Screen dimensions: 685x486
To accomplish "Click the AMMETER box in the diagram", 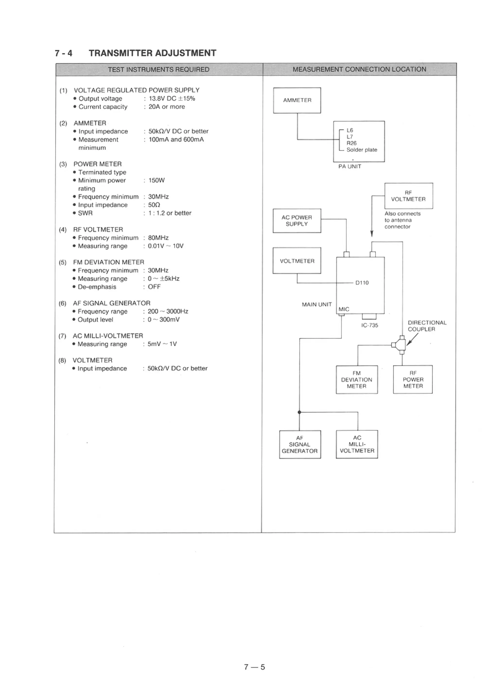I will tap(297, 100).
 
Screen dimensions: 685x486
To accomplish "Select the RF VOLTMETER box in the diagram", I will tap(408, 196).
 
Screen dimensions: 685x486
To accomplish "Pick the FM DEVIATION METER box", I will tap(357, 379).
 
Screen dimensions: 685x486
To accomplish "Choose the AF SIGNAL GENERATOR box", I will tap(300, 444).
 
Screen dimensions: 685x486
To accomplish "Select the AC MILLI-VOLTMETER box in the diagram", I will tap(357, 444).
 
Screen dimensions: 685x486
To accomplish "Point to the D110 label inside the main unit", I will tap(362, 283).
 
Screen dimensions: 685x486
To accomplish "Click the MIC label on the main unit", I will tap(344, 309).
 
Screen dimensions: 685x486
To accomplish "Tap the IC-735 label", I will tap(370, 325).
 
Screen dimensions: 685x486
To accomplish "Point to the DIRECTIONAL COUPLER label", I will tap(427, 326).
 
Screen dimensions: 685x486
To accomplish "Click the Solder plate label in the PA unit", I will tap(362, 150).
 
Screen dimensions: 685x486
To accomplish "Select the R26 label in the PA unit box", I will tap(351, 143).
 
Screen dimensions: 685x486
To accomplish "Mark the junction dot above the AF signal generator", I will tap(299, 412).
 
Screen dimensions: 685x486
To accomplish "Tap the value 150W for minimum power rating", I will tap(156, 180).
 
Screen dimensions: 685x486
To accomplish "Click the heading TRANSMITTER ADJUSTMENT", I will tap(152, 53).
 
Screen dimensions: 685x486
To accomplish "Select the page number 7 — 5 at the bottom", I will tap(254, 667).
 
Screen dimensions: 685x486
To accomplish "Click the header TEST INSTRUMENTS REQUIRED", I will tap(159, 70).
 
